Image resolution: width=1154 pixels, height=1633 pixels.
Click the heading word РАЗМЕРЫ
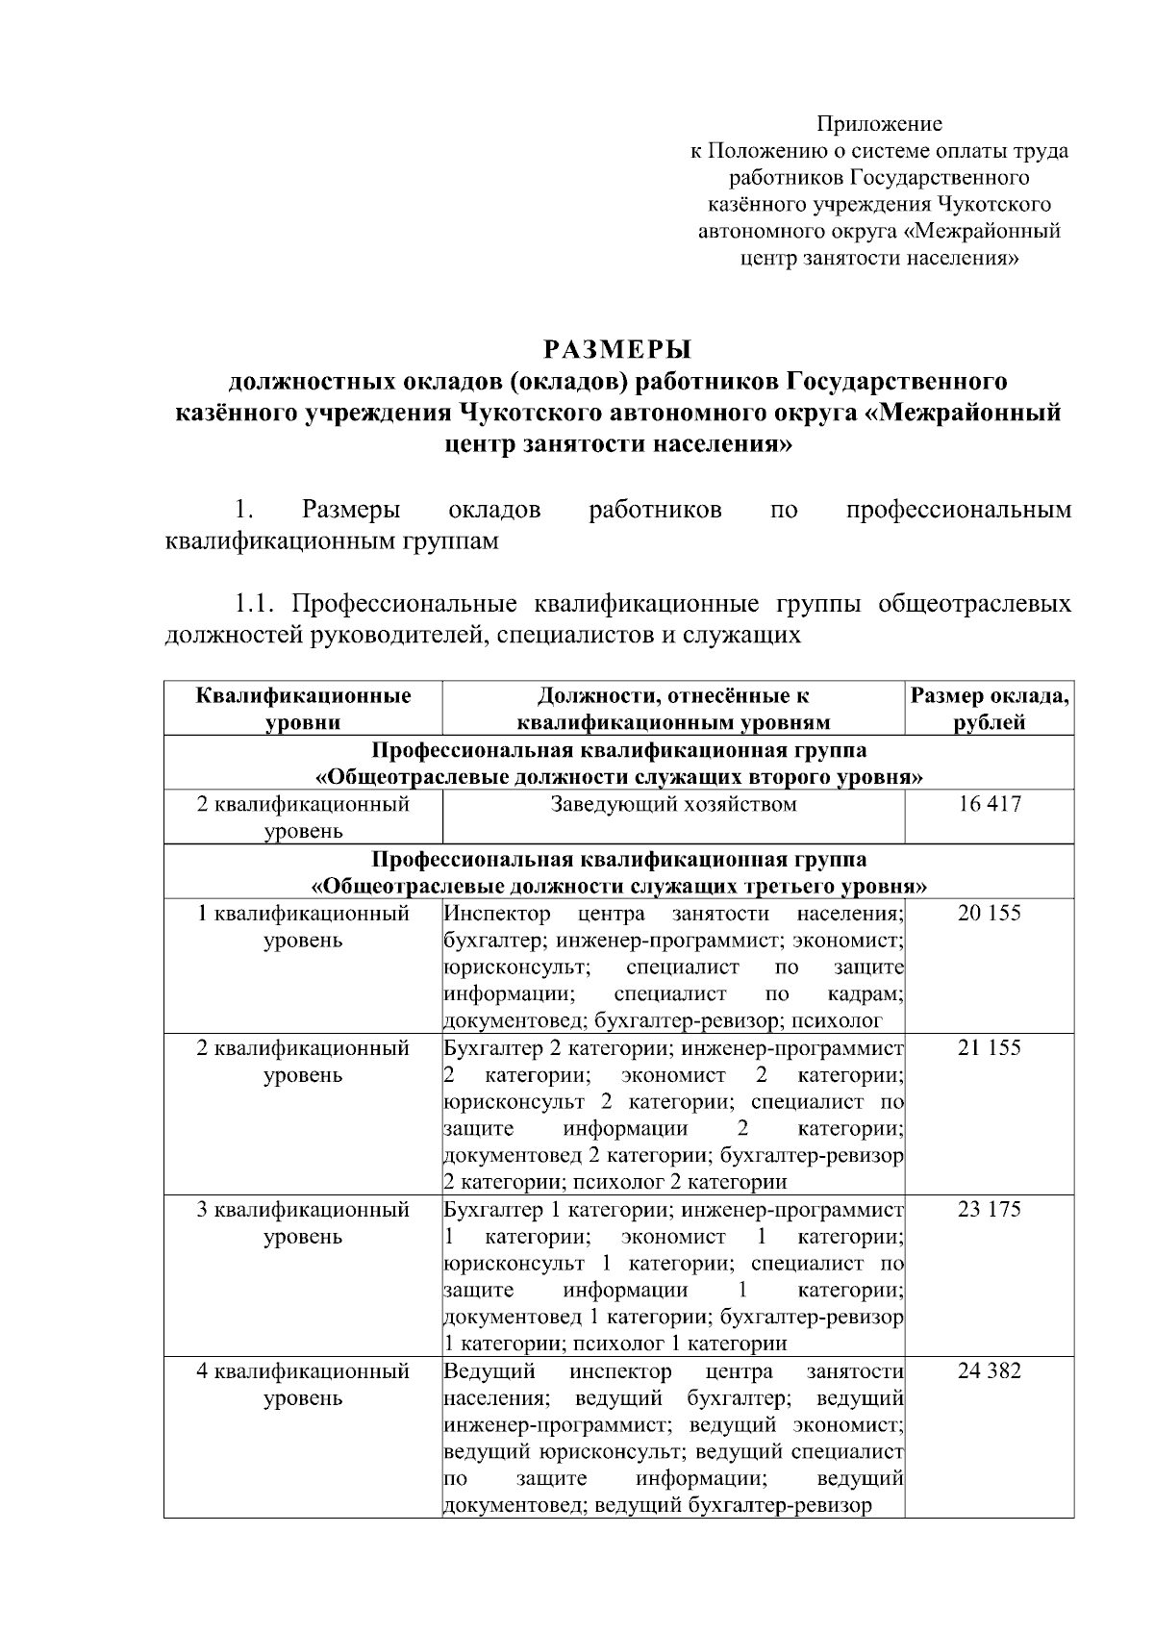point(618,347)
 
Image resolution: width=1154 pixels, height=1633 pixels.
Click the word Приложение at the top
point(879,124)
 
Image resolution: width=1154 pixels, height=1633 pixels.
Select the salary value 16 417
point(989,804)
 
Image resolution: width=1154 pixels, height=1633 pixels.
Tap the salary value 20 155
point(989,913)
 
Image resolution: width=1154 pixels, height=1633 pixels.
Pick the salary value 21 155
point(989,1047)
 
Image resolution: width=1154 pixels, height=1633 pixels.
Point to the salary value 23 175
point(989,1209)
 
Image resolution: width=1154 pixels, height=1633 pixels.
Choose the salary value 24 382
point(989,1370)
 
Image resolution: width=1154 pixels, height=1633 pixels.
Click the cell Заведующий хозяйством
point(673,804)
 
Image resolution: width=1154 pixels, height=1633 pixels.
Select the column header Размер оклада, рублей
point(989,709)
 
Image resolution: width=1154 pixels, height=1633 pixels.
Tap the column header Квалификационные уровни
point(303,709)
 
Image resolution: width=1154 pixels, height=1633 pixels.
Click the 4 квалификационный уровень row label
point(303,1384)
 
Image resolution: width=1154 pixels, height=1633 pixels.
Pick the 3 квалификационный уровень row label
point(303,1222)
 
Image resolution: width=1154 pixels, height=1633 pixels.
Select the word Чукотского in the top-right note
point(993,205)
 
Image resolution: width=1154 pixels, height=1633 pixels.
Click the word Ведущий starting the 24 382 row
point(489,1370)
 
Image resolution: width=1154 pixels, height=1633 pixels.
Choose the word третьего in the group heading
point(740,885)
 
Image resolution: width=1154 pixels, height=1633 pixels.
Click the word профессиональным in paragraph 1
point(958,510)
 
